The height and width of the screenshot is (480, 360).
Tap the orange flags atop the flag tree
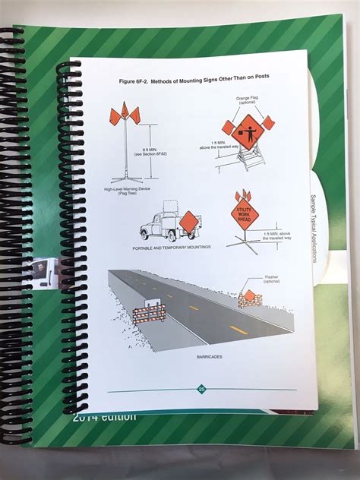tap(125, 115)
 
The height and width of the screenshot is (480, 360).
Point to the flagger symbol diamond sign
tap(248, 129)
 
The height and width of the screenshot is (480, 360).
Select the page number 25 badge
tap(202, 389)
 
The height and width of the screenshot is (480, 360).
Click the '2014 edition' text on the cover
tap(105, 416)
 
